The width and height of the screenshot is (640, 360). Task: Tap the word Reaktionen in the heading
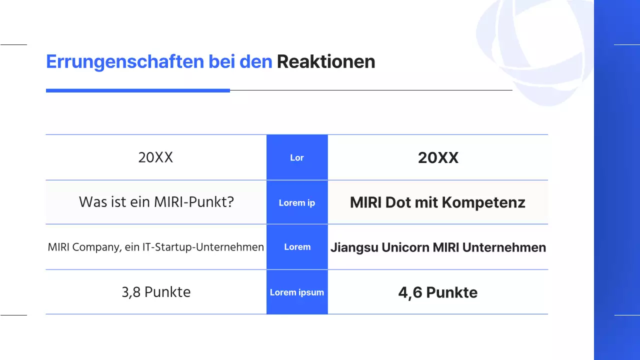pyautogui.click(x=325, y=61)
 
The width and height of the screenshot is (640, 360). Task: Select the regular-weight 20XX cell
pyautogui.click(x=155, y=157)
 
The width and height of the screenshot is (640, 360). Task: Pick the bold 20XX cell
pyautogui.click(x=438, y=158)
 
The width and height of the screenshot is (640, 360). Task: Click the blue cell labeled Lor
pyautogui.click(x=297, y=157)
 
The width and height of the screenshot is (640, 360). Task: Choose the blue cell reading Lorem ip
pyautogui.click(x=297, y=202)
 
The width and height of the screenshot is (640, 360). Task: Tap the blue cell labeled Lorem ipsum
pyautogui.click(x=297, y=292)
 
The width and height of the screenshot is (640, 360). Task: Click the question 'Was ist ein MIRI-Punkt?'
pyautogui.click(x=156, y=202)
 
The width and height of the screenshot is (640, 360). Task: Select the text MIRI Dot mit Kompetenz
pyautogui.click(x=437, y=202)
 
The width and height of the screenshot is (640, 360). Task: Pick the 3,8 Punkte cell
pyautogui.click(x=156, y=292)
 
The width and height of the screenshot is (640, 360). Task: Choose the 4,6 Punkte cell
pyautogui.click(x=437, y=292)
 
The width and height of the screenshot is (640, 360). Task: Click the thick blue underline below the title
pyautogui.click(x=137, y=90)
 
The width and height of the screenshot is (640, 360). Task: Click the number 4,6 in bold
pyautogui.click(x=410, y=292)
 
